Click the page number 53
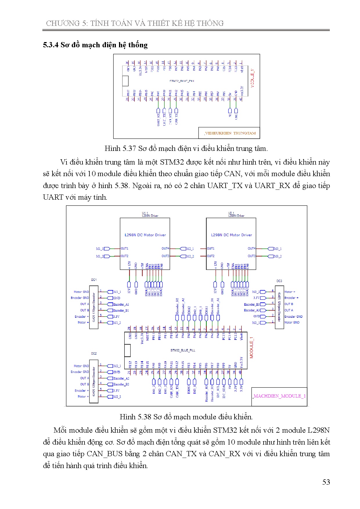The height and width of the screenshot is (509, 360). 326,482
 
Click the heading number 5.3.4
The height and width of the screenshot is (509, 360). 51,45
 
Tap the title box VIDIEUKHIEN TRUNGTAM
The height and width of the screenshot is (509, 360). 230,133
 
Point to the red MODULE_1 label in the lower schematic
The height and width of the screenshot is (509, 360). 252,347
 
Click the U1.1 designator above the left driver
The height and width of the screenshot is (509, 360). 145,213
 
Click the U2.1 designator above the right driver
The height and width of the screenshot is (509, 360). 231,213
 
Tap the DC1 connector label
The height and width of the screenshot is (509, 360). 94,280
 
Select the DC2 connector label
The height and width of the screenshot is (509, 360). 94,353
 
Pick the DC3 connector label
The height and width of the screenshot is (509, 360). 279,281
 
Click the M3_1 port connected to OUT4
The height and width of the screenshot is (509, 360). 278,249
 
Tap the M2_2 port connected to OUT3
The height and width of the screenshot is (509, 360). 190,256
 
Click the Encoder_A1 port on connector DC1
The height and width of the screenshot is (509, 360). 121,304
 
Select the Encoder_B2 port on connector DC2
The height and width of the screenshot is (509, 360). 121,384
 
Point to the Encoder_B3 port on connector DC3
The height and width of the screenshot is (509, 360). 252,304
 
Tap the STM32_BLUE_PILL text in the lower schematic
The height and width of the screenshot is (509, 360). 183,350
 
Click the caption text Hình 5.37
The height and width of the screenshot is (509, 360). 120,149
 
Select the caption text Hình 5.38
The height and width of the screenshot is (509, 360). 135,417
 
